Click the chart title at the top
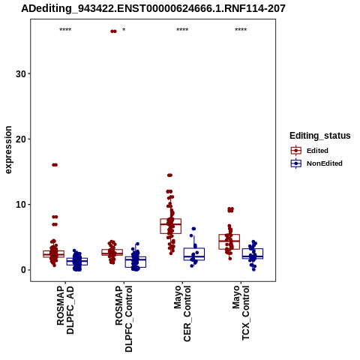point(153,9)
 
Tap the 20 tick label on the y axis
point(21,139)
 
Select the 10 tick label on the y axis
point(21,205)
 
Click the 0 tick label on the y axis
point(24,270)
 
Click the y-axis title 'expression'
point(8,150)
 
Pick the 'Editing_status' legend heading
point(320,136)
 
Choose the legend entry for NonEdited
point(316,163)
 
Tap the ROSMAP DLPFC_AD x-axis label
point(65,310)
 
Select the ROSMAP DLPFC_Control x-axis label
point(124,319)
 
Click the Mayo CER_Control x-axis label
point(182,313)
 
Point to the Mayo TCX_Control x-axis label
point(241,313)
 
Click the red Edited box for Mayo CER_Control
point(170,226)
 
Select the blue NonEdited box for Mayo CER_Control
point(194,254)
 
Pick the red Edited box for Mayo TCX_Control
point(229,241)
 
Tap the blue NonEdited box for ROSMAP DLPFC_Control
point(136,262)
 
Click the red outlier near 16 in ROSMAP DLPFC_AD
point(55,165)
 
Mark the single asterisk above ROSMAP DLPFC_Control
point(124,30)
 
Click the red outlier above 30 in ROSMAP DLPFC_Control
point(113,31)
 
